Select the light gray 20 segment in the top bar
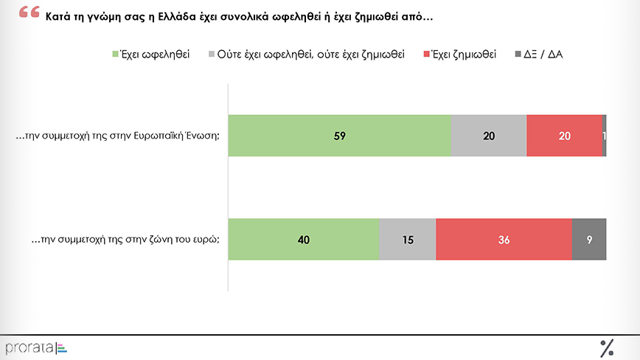coord(488,136)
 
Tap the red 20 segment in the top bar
coord(564,136)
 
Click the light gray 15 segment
coord(407,239)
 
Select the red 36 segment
coord(504,239)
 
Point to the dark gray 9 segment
coord(589,239)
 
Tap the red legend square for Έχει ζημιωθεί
coord(427,55)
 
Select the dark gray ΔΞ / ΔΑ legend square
coord(517,55)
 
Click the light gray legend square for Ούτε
coord(212,55)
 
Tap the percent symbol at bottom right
coord(607,347)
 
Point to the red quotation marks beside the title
coord(29,13)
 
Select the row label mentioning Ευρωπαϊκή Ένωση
coord(118,136)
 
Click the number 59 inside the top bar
coord(340,136)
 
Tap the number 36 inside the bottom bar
coord(504,239)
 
